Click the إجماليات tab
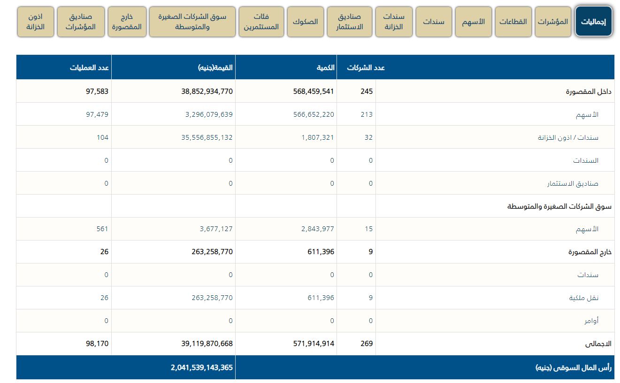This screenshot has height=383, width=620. (x=594, y=22)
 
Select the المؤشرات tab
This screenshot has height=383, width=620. (x=553, y=22)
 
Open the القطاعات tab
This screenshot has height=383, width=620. (x=513, y=22)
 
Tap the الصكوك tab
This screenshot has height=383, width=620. (x=305, y=22)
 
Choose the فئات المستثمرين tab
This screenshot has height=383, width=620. (x=261, y=22)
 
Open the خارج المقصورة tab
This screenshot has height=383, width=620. (x=127, y=22)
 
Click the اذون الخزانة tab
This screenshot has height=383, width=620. (x=36, y=22)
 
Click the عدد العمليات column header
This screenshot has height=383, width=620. (x=90, y=68)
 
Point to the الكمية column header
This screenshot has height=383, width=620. (x=325, y=68)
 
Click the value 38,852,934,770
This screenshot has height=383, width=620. (x=207, y=91)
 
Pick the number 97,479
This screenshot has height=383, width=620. (x=97, y=114)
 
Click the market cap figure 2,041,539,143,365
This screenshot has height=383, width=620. (x=202, y=368)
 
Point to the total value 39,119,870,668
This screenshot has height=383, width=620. (x=207, y=344)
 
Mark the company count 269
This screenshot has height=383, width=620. (x=367, y=344)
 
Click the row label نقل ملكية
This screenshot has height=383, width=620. (x=583, y=298)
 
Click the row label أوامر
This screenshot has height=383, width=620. (x=591, y=321)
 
